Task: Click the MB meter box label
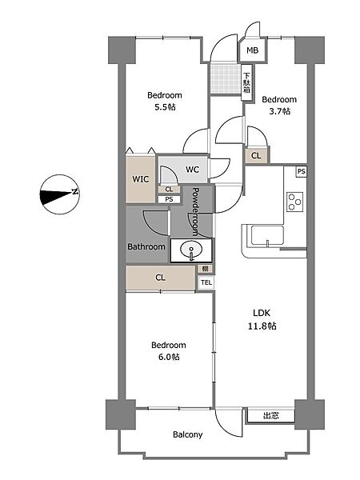pos(253,50)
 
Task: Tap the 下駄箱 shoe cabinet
pos(247,82)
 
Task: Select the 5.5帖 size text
pos(165,107)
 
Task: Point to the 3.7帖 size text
pos(279,111)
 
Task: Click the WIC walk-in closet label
pos(141,179)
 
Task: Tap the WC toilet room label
pos(192,170)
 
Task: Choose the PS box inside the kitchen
pos(302,171)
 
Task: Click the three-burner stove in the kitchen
pos(295,202)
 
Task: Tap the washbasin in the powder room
pos(191,250)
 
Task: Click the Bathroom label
pos(146,246)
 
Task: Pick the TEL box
pos(206,282)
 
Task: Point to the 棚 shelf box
pos(205,269)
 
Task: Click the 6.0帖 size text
pos(169,357)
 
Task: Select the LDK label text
pos(262,313)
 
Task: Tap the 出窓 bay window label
pos(271,416)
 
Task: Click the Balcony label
pos(188,434)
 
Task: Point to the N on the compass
pos(75,192)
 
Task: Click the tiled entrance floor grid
pos(226,79)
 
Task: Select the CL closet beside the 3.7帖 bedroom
pos(257,155)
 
